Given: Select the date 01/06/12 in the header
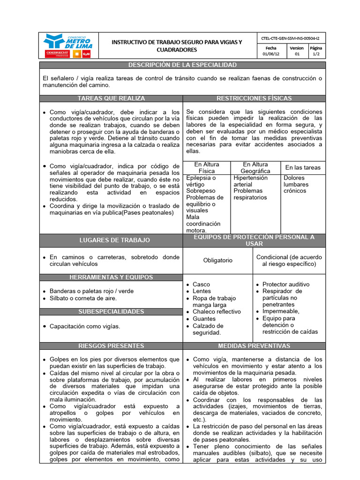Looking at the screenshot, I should click(x=270, y=54).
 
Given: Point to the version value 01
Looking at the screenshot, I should click(x=296, y=54).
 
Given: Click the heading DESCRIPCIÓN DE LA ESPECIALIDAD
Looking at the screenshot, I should click(x=182, y=65).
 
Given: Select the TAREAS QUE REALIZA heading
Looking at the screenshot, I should click(x=111, y=98).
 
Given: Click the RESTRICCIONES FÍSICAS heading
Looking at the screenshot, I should click(x=254, y=98).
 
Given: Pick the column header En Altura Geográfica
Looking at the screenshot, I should click(x=255, y=168).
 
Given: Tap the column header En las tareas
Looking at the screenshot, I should click(x=303, y=167).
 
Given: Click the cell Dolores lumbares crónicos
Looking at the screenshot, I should click(x=296, y=184).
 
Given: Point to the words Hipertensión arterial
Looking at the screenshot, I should click(x=250, y=181).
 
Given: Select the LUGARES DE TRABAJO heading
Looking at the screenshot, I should click(x=111, y=240).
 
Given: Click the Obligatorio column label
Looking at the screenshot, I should click(x=217, y=260).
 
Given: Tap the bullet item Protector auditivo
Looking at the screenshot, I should click(x=286, y=284).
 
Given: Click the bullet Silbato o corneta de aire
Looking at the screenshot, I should click(x=83, y=298).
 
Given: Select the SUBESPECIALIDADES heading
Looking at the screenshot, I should click(x=111, y=312).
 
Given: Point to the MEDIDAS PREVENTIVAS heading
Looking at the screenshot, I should click(x=254, y=346).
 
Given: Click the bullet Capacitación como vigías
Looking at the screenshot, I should click(x=85, y=326).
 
